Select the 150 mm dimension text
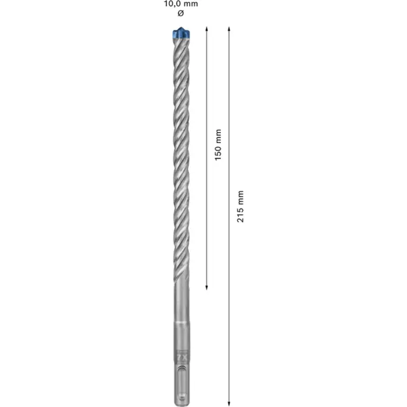coord(217,145)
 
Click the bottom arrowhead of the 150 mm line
coord(208,287)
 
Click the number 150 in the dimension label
coord(217,152)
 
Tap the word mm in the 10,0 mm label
coord(190,3)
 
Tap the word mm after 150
coord(217,136)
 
